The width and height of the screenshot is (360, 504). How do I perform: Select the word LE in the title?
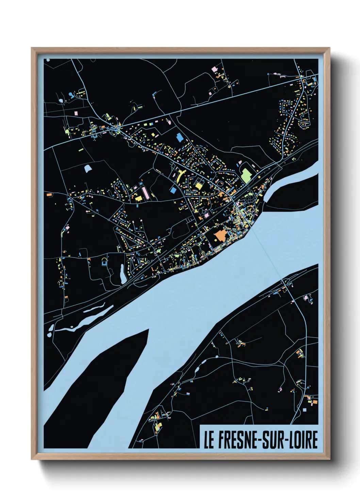pos(209,440)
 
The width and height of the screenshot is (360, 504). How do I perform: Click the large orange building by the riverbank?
pos(220,235)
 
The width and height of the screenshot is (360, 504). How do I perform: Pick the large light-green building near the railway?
pos(246,175)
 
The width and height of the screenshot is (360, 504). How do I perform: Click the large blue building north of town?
pos(179,138)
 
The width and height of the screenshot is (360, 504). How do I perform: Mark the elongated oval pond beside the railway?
pos(122,273)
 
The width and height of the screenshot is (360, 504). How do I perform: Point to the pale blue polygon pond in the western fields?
pos(87,168)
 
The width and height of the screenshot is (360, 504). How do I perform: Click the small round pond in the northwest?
pos(61,101)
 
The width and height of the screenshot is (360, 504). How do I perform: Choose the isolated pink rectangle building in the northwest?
pos(76,112)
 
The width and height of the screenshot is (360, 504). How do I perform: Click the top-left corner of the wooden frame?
pos(32,48)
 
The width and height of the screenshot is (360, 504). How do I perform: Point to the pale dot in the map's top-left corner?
pos(48,60)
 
